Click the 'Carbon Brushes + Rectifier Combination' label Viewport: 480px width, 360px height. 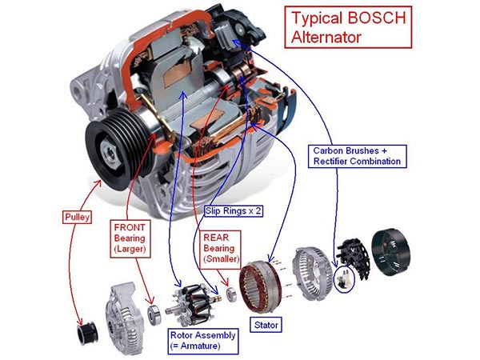(356, 155)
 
